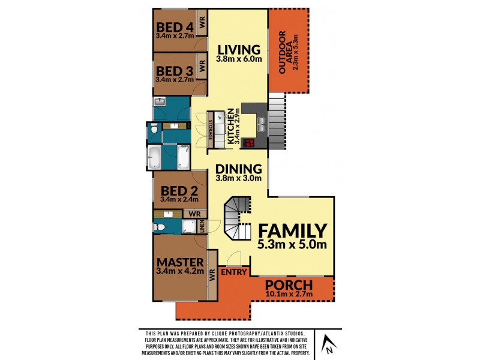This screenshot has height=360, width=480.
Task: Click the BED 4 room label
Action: coord(175,27)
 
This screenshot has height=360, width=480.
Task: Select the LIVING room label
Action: coord(239,50)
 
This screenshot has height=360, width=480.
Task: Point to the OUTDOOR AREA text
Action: coord(289,51)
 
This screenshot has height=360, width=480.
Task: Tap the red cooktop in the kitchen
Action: coord(248,142)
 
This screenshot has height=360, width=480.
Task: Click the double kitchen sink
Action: coord(262,122)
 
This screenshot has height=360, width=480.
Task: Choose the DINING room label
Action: coord(239,169)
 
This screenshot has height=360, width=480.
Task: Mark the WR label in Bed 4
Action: coord(202,22)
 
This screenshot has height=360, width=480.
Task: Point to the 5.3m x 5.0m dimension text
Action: coord(292,245)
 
